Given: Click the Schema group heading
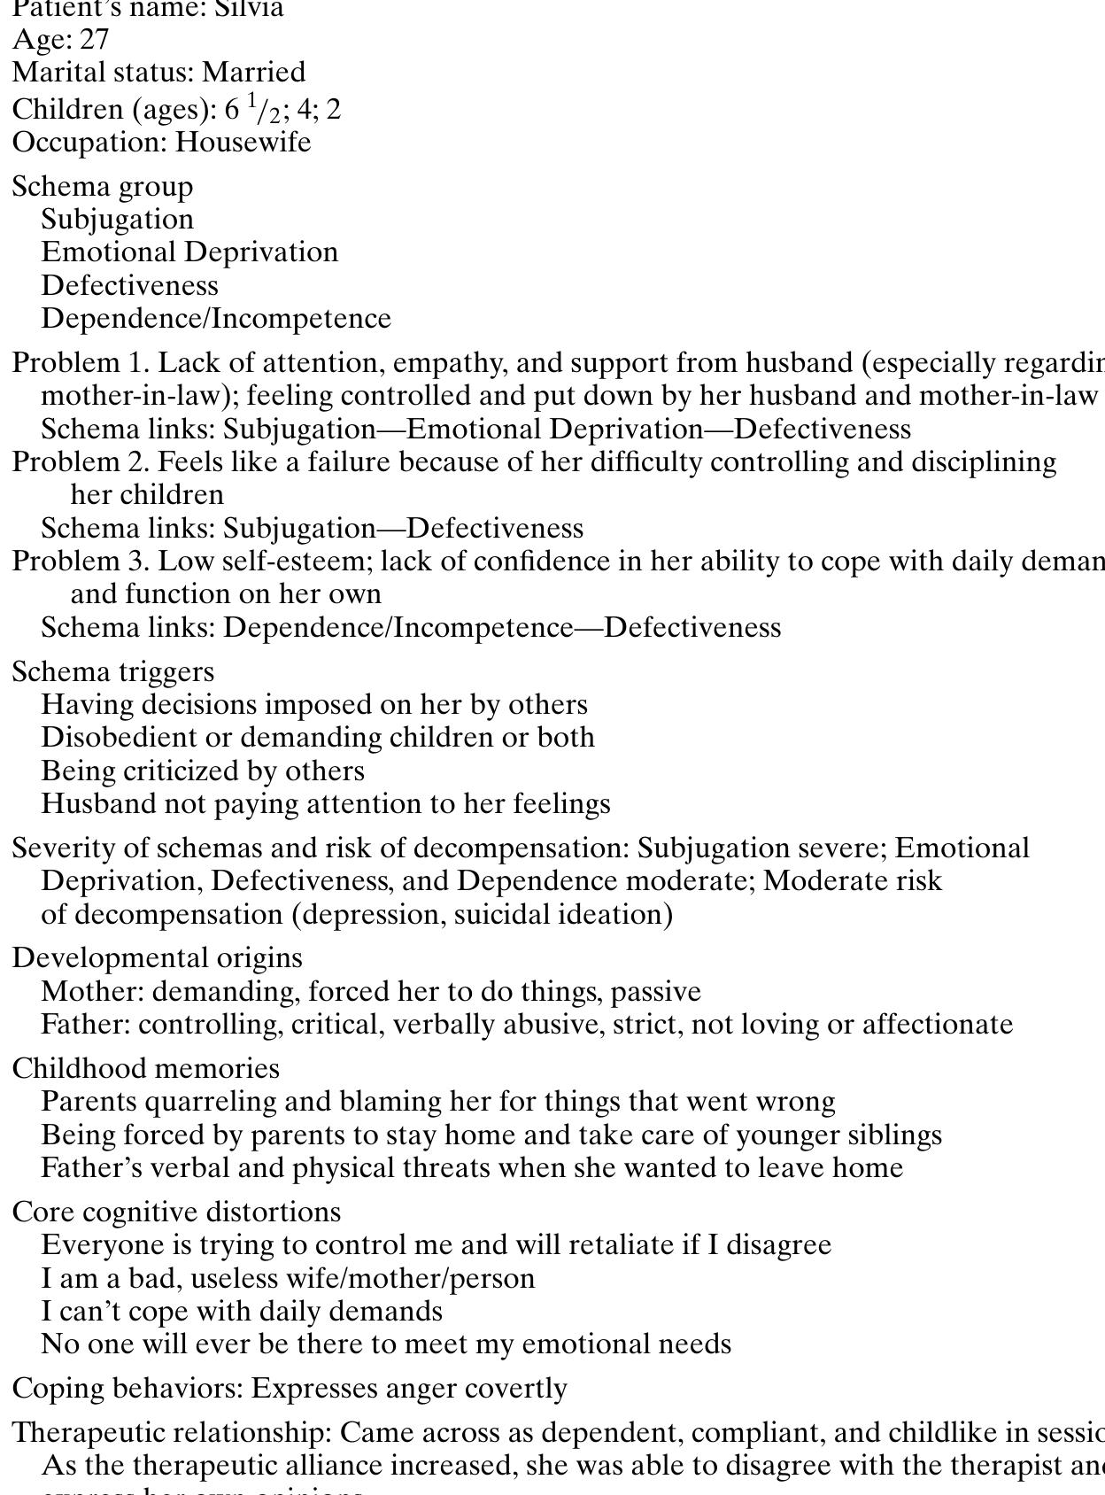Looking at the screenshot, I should coord(102,186).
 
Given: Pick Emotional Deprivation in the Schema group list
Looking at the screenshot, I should coord(189,252).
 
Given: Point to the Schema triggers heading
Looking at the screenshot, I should coord(112,671).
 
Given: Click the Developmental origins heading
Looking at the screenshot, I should coord(157,957).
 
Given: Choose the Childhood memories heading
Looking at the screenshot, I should coord(145,1068).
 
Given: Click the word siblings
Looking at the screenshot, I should coord(895,1135).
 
